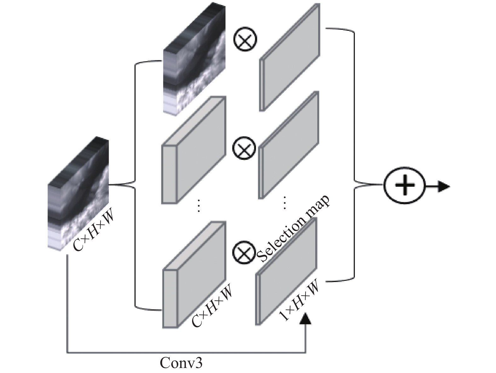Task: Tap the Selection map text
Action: click(293, 229)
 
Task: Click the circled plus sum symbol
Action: click(404, 186)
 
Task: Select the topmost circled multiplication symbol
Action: click(245, 39)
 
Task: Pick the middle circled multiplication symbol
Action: click(244, 148)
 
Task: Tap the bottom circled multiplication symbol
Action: click(244, 253)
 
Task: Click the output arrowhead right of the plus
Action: click(444, 186)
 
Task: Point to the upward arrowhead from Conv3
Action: click(305, 318)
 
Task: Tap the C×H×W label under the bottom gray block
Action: click(212, 305)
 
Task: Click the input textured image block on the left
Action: click(78, 194)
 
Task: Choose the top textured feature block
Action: click(194, 59)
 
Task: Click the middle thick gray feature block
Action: click(194, 150)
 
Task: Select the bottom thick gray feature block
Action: click(194, 275)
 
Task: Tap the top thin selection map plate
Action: click(290, 57)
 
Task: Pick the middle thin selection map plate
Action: click(289, 145)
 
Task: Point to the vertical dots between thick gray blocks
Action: click(199, 206)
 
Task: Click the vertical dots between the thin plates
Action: click(284, 203)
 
